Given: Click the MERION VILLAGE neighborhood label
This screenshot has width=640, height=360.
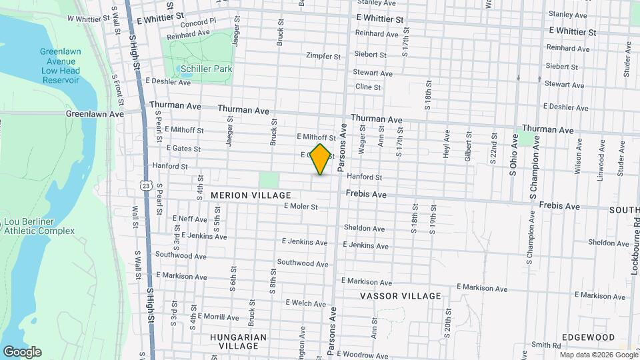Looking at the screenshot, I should tap(251, 195).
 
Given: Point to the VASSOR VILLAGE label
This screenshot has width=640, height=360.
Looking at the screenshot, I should tap(400, 296).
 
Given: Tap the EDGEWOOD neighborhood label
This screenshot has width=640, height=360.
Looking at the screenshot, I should tap(587, 338).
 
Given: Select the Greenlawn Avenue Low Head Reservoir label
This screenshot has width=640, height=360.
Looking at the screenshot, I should tap(60, 66).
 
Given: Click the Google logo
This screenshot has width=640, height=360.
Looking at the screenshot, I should tap(22, 352).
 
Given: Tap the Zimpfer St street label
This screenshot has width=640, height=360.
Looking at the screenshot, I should tap(323, 56).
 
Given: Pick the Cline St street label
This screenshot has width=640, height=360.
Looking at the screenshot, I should tap(367, 87).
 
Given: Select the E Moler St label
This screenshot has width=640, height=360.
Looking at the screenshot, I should tap(300, 207).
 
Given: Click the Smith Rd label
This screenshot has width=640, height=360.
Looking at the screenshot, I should tap(546, 345).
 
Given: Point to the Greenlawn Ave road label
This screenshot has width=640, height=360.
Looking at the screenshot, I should tap(95, 114).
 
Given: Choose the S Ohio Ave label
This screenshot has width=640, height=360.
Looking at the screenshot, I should tap(513, 155).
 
